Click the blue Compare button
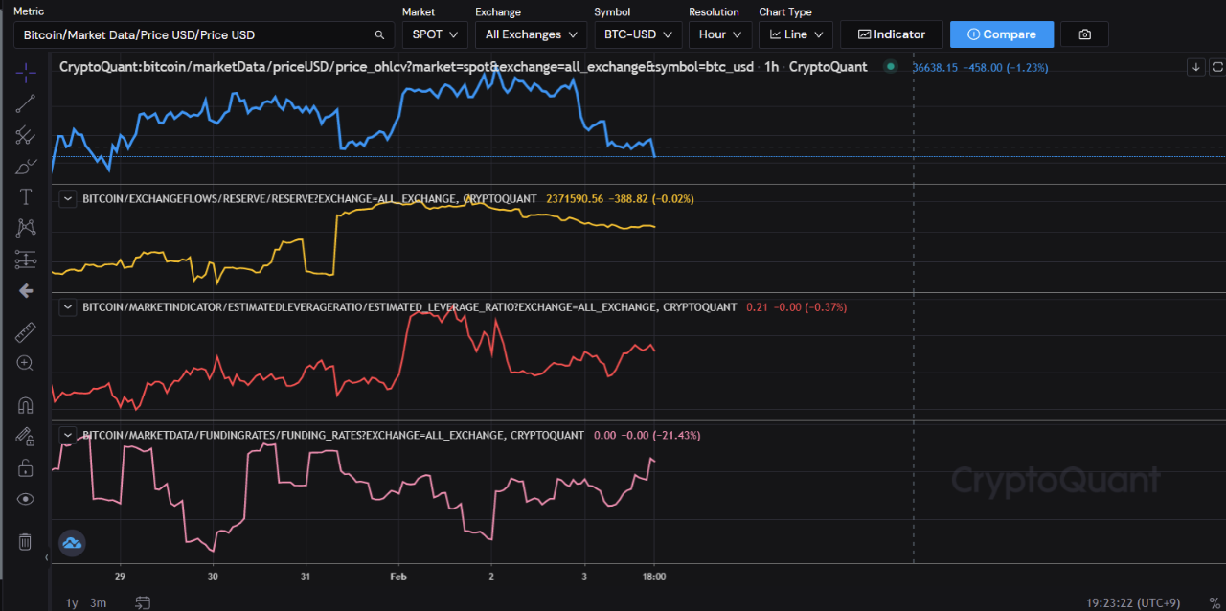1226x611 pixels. (x=1001, y=34)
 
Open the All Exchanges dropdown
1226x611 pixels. (x=531, y=34)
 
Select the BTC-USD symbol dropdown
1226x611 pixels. (x=637, y=34)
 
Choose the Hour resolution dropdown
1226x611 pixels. (x=719, y=34)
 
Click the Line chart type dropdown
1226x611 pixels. (x=795, y=34)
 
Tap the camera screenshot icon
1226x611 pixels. (x=1084, y=34)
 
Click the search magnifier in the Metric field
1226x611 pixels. (x=379, y=34)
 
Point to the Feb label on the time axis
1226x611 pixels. (x=398, y=577)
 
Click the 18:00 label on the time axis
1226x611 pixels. (x=654, y=577)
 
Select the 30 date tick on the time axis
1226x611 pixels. (x=213, y=577)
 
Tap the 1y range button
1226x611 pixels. (x=72, y=602)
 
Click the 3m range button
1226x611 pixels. (x=98, y=602)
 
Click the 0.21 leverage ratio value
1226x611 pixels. (x=756, y=307)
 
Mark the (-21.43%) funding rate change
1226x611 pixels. (x=676, y=435)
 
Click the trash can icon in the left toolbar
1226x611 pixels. (x=26, y=542)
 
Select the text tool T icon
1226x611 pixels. (x=26, y=196)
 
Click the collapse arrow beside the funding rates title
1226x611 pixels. (x=68, y=435)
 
